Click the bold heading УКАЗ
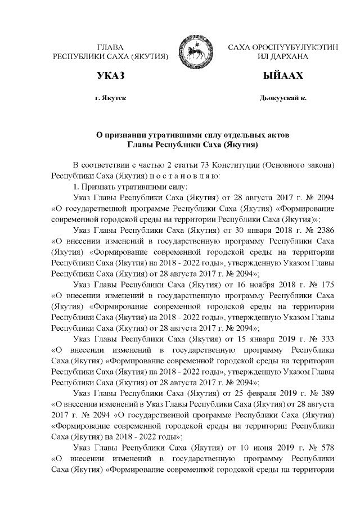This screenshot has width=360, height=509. [x=110, y=75]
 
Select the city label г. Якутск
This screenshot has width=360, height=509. [x=111, y=98]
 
